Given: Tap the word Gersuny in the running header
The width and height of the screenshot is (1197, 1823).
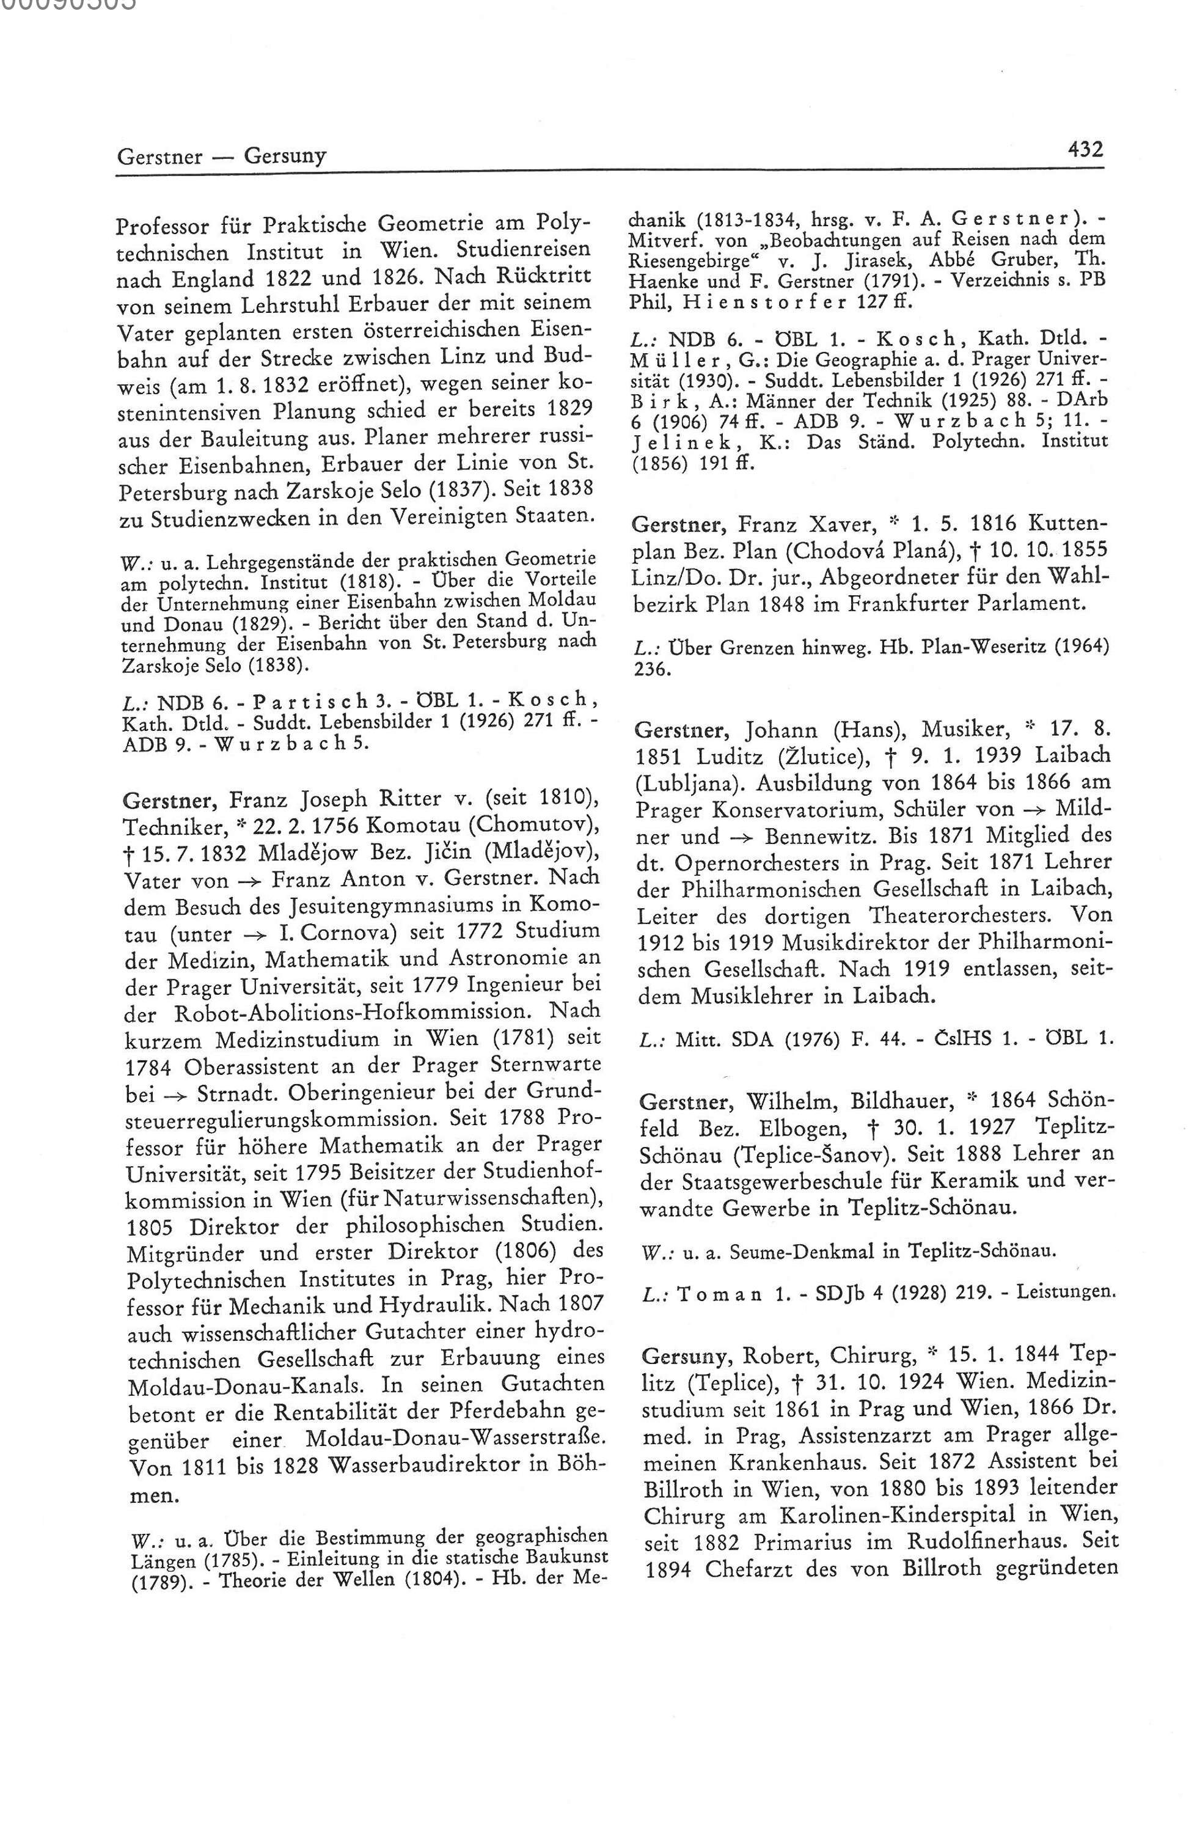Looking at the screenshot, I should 285,156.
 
